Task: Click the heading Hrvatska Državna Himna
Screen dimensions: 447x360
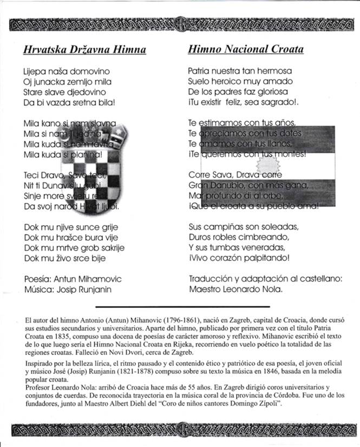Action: (x=84, y=50)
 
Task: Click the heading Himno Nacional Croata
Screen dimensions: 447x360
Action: (x=245, y=50)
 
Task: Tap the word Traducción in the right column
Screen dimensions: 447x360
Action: (x=211, y=279)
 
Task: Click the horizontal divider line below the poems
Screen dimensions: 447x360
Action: (x=180, y=306)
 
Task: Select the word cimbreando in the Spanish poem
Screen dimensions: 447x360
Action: (x=259, y=238)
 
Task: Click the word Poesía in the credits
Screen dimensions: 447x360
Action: (x=36, y=279)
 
